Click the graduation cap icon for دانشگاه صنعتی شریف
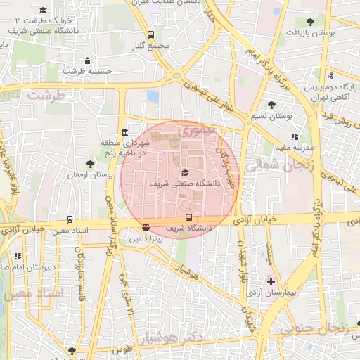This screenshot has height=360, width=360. pyautogui.click(x=185, y=172)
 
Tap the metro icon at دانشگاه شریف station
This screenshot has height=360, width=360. pyautogui.click(x=188, y=217)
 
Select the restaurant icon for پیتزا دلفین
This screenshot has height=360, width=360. pyautogui.click(x=146, y=227)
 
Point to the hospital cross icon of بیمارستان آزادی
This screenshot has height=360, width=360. pyautogui.click(x=271, y=281)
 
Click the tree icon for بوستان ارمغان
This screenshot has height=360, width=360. pyautogui.click(x=91, y=163)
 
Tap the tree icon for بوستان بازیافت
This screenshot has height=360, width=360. pyautogui.click(x=310, y=22)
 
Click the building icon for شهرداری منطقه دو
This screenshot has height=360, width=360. pyautogui.click(x=124, y=132)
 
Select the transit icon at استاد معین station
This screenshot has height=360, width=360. pyautogui.click(x=70, y=219)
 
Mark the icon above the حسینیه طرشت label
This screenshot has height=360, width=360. pyautogui.click(x=87, y=61)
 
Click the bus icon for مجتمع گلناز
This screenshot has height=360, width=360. pyautogui.click(x=150, y=34)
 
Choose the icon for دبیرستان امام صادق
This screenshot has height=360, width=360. pyautogui.click(x=18, y=257)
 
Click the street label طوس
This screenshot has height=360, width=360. pyautogui.click(x=122, y=349)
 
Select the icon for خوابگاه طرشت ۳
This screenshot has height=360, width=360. pyautogui.click(x=44, y=11)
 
